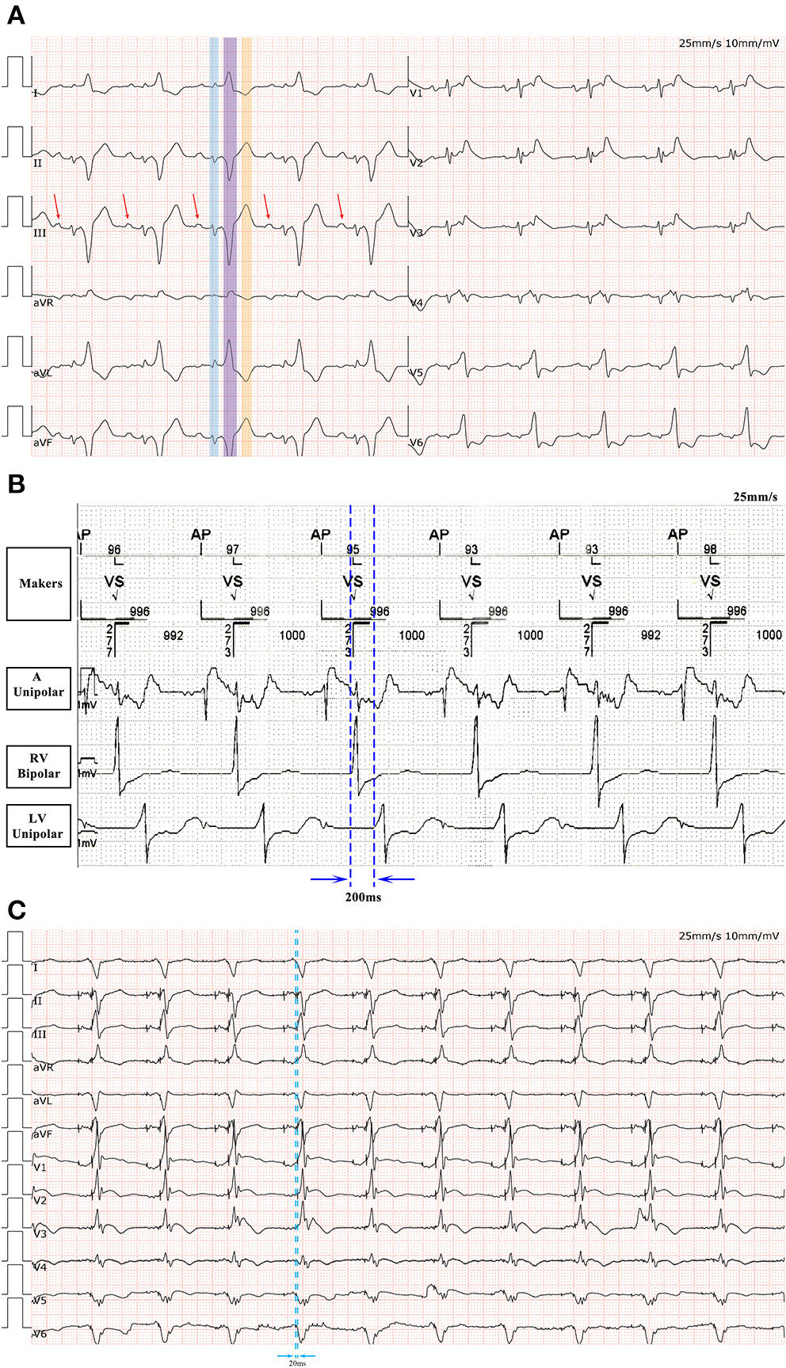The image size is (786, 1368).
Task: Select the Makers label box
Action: pyautogui.click(x=40, y=584)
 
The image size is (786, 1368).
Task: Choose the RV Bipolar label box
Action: pyautogui.click(x=38, y=766)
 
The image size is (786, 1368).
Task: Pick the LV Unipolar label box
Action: pyautogui.click(x=38, y=826)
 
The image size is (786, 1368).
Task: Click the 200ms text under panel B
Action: pyautogui.click(x=363, y=897)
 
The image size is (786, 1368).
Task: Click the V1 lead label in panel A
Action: pyautogui.click(x=416, y=93)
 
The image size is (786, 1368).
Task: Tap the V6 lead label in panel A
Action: pyautogui.click(x=416, y=443)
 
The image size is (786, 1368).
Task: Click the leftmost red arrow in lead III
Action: pyautogui.click(x=56, y=206)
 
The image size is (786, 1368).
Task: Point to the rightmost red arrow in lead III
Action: pyautogui.click(x=341, y=206)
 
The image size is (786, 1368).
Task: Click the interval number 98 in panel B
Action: pyautogui.click(x=710, y=550)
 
